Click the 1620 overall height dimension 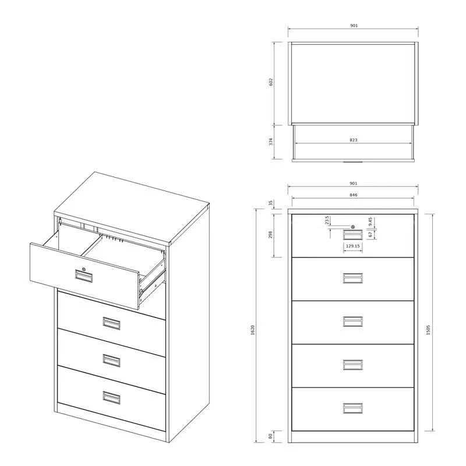(x=253, y=330)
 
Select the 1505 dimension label (x=428, y=330)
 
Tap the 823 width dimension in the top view (x=354, y=140)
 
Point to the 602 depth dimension (x=271, y=82)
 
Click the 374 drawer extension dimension (x=271, y=142)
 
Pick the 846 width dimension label (x=354, y=195)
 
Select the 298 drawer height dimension (x=270, y=235)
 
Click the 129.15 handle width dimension (x=353, y=246)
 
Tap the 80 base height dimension (x=270, y=436)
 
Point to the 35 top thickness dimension (x=270, y=203)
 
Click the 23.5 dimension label (x=327, y=220)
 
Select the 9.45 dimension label (x=370, y=222)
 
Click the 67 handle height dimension (x=370, y=235)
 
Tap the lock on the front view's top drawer (x=353, y=227)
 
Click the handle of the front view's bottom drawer (x=353, y=408)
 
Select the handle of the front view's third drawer (x=353, y=322)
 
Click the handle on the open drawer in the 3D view (x=84, y=276)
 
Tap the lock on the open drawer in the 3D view (x=84, y=270)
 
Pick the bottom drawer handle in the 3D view (x=111, y=398)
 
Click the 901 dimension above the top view (x=354, y=26)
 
